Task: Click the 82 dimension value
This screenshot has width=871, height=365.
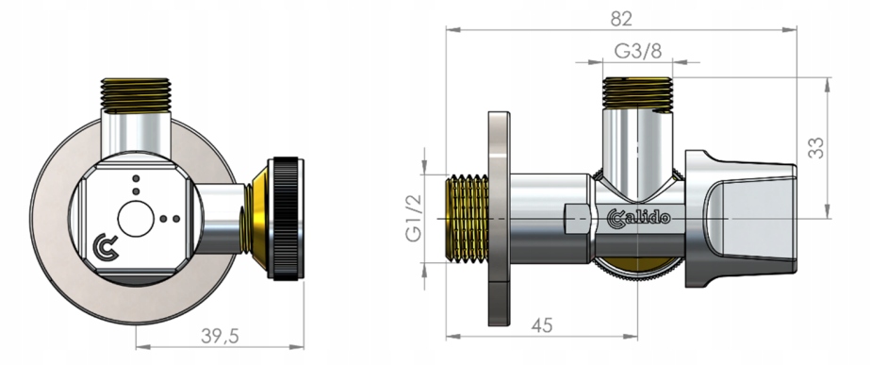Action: click(621, 18)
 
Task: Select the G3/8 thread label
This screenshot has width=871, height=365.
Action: click(637, 51)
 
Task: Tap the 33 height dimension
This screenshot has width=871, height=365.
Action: click(815, 148)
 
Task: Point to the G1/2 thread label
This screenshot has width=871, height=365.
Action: click(414, 218)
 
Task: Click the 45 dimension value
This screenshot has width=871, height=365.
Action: click(542, 325)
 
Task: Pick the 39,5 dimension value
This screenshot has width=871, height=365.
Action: click(220, 336)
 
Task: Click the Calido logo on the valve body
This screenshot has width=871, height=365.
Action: click(638, 218)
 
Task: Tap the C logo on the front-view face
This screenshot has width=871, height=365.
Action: click(106, 247)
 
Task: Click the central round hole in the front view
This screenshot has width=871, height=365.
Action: click(136, 219)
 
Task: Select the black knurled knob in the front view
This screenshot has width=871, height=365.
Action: click(286, 219)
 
